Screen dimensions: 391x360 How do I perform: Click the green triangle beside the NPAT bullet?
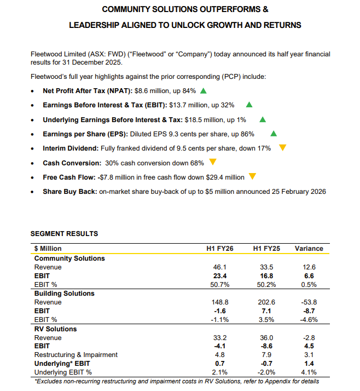click(x=204, y=91)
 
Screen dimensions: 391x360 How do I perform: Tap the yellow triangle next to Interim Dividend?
click(x=283, y=148)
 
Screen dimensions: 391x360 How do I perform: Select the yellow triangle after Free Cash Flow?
click(x=252, y=176)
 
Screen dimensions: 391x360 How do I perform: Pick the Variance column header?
click(x=309, y=248)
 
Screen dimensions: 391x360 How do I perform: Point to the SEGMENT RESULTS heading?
click(x=64, y=234)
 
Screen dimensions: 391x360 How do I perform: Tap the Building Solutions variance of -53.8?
click(x=309, y=302)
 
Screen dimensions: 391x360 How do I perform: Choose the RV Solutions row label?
click(x=55, y=329)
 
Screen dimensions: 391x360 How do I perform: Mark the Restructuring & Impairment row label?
click(x=76, y=355)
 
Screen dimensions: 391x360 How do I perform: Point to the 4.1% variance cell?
click(x=309, y=373)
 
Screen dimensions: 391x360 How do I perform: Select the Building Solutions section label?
click(x=64, y=294)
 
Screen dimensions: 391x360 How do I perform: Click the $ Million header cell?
click(x=48, y=248)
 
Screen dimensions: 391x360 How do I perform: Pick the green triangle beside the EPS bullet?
click(x=274, y=134)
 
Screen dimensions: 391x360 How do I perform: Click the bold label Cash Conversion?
click(x=72, y=163)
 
